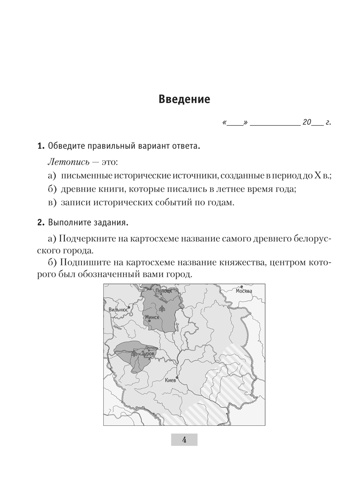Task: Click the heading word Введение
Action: (184, 100)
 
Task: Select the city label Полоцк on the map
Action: (163, 291)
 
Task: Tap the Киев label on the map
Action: (170, 380)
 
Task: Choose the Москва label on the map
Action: (244, 291)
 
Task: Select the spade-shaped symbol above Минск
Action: (162, 308)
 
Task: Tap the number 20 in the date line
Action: (308, 123)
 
